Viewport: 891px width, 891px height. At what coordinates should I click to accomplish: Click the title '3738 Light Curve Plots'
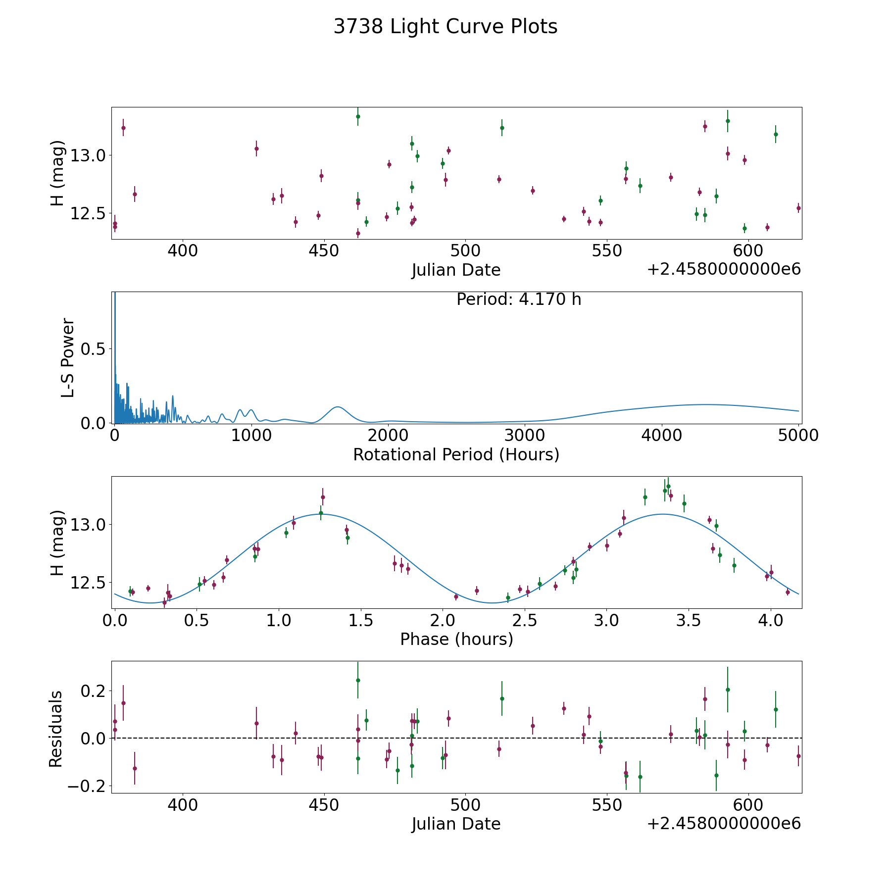click(445, 27)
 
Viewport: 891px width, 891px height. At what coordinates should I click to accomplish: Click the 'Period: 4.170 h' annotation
click(519, 299)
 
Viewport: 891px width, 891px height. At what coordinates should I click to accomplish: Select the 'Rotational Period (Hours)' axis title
click(456, 454)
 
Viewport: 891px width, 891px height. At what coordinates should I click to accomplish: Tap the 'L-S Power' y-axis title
click(68, 358)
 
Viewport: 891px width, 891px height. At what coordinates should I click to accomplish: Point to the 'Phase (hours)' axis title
click(456, 639)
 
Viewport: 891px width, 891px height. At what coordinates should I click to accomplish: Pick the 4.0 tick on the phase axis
click(770, 620)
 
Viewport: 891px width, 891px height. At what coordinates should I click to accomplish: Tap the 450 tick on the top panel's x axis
click(324, 251)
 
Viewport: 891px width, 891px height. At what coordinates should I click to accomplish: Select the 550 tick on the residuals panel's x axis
click(606, 805)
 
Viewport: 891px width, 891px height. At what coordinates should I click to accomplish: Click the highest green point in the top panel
click(358, 116)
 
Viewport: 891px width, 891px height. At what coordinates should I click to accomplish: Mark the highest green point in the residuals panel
click(358, 680)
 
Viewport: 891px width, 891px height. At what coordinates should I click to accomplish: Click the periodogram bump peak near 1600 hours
click(338, 407)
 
